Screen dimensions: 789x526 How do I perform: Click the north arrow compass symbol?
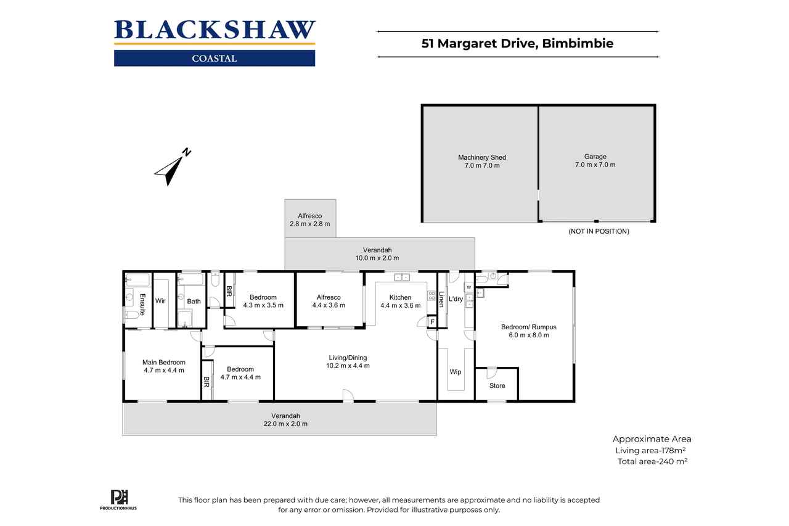coord(173,167)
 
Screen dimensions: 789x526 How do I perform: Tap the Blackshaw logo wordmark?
coord(215,30)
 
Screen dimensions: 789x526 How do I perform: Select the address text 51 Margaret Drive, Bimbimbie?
coord(517,43)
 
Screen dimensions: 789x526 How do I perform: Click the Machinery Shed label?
coord(482,157)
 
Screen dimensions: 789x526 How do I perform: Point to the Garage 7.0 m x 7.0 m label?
coord(595,160)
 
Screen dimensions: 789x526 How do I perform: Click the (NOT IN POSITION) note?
coord(599,231)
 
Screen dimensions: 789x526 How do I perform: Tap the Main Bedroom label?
coord(164,362)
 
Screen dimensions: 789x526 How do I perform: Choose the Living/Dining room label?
coord(348,358)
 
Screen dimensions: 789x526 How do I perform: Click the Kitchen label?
coord(400,297)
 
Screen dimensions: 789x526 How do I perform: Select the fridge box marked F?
coord(432,322)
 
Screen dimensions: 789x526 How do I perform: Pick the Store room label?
coord(497,386)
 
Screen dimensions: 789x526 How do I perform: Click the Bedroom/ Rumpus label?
coord(529,327)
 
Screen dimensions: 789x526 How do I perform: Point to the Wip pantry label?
coord(456,372)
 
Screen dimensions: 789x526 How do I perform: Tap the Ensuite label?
coord(142,305)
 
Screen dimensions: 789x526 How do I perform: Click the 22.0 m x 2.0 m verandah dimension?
coord(285,424)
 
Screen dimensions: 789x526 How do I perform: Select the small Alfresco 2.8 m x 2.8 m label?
coord(310,220)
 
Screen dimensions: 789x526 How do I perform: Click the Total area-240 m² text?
coord(652,461)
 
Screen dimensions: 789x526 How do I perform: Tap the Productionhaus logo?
coord(118,500)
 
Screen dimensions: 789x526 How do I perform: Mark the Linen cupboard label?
coord(441,299)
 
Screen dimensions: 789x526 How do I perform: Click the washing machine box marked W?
coord(469,287)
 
